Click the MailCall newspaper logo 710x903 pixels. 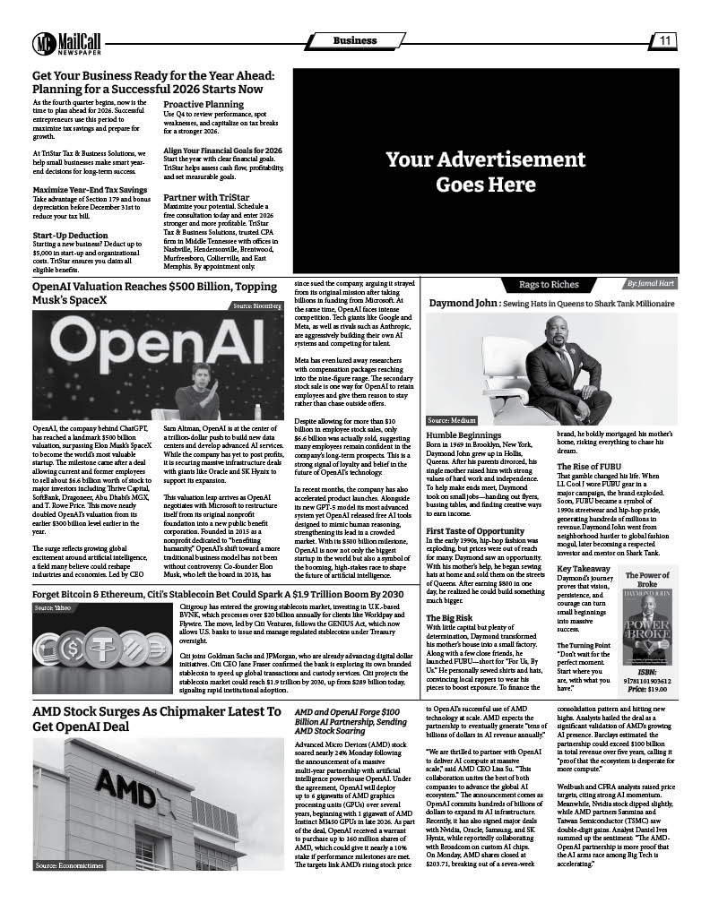coord(66,42)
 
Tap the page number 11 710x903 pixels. coord(666,40)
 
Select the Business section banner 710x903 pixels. coord(355,41)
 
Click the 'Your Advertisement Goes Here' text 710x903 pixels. coord(460,172)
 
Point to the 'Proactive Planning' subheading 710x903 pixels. coord(203,105)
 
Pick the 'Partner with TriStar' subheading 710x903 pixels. coord(205,197)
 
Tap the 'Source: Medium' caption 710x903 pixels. coord(452,419)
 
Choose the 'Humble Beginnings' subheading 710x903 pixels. coord(463,434)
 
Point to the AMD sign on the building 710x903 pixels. coord(126,789)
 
